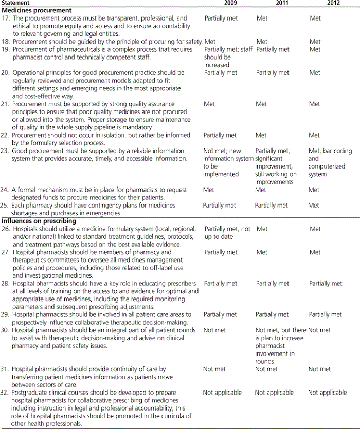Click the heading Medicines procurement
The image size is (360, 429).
35,10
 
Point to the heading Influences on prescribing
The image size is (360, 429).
39,221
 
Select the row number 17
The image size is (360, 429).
6,18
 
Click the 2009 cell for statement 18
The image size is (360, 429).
209,42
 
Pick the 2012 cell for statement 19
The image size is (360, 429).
315,49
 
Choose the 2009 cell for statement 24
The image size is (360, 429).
209,190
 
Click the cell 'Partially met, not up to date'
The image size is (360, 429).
227,233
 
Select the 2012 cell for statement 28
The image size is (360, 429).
325,283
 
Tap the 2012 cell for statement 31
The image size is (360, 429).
319,369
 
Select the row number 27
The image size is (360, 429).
6,252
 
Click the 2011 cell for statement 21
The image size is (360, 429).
261,104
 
